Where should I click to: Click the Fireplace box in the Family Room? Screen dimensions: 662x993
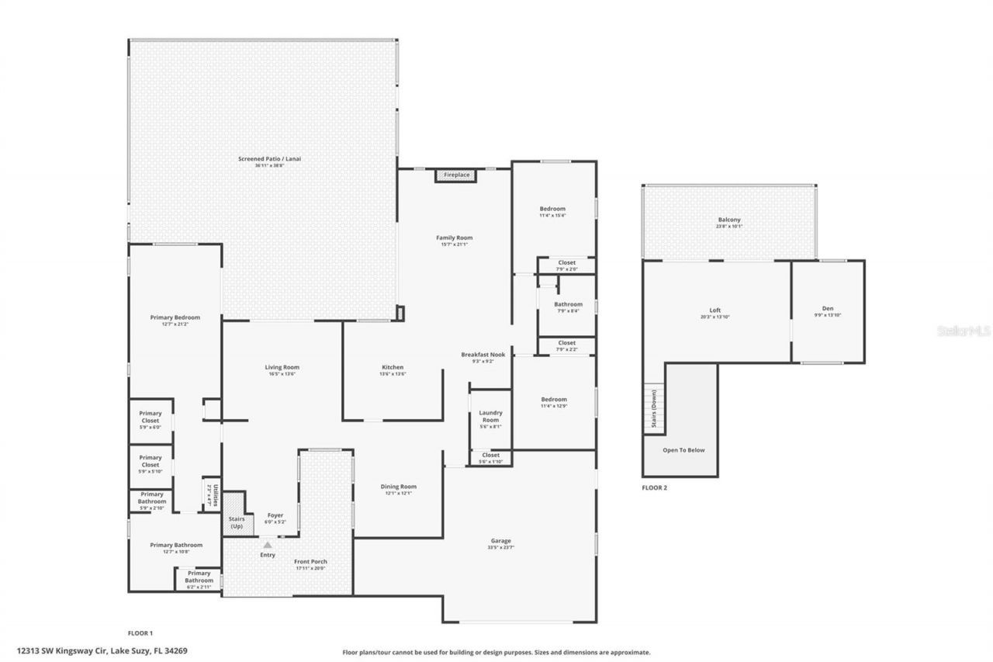456,175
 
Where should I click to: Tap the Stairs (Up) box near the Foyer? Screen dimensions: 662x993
237,522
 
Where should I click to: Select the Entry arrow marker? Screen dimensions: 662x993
267,545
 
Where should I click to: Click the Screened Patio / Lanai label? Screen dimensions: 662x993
269,159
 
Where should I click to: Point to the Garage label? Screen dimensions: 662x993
500,541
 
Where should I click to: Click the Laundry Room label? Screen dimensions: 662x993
490,416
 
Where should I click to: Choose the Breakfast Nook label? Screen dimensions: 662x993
483,355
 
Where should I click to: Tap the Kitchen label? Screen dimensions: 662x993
392,367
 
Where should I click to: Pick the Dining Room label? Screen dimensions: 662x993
399,487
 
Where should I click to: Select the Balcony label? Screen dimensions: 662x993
728,220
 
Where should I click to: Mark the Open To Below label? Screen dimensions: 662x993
683,450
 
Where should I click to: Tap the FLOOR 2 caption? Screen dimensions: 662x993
654,488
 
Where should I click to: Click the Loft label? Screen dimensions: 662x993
714,310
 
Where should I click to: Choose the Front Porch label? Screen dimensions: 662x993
310,562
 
